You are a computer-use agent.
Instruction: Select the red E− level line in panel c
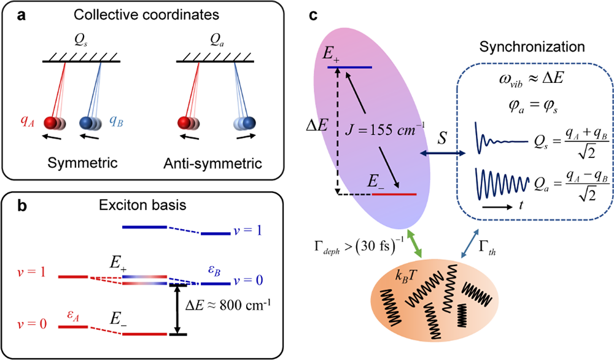point(395,194)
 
